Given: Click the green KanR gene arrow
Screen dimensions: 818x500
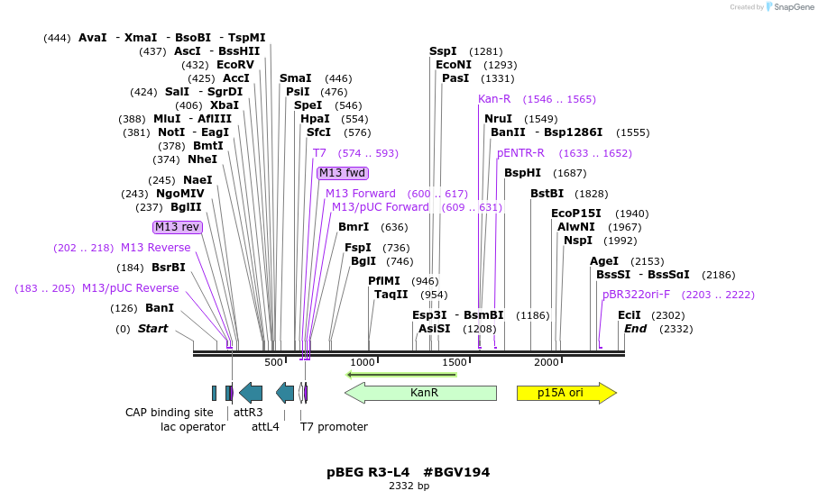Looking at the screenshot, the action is pos(421,393).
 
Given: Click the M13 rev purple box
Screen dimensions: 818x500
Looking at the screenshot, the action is pos(177,227).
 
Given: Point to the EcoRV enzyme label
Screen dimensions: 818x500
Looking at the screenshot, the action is pos(235,65).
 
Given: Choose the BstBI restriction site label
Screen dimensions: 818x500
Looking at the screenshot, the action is pos(547,194).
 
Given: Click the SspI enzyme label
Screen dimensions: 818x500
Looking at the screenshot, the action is pos(443,51).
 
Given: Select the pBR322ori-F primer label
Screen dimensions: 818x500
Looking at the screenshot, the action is pos(636,295).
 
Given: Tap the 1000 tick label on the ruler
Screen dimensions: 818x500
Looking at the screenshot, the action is pos(362,362).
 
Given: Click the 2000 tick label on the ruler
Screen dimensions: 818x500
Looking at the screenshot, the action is pos(547,362).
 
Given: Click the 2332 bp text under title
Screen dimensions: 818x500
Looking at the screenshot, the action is pos(409,486).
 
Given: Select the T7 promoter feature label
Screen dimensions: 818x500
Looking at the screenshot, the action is pos(334,427).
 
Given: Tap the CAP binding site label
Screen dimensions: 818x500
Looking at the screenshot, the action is pos(169,413).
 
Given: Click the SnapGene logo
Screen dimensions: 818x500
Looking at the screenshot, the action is pos(778,7).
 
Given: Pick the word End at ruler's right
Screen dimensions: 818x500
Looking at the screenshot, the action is pos(635,329).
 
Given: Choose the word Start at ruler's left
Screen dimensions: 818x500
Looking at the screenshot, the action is pos(152,329).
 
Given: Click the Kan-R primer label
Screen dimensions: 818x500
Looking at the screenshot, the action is pos(494,99).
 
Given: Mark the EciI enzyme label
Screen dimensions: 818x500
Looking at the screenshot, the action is pos(629,315).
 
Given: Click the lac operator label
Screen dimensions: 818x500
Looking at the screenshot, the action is pos(193,427).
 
